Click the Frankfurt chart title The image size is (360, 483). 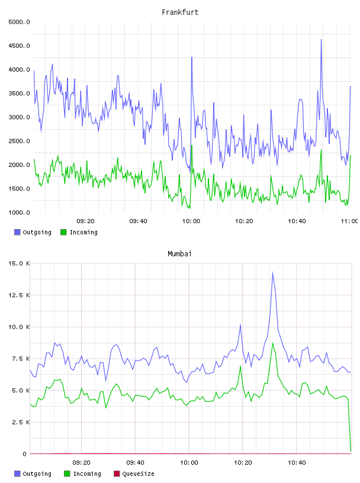coord(180,12)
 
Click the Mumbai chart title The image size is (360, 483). coord(179,254)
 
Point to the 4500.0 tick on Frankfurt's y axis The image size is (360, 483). coord(19,46)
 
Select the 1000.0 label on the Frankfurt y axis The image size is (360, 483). coord(19,212)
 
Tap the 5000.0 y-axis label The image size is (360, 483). coord(19,22)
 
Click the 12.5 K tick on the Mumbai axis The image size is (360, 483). coord(19,295)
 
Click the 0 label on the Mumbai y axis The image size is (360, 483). coord(25,454)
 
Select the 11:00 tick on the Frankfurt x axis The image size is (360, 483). coord(349,221)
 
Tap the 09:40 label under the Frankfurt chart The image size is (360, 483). coord(138,221)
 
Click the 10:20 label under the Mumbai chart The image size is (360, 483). coord(243,463)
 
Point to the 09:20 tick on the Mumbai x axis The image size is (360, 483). coord(81,463)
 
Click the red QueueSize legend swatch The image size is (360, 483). coord(117,474)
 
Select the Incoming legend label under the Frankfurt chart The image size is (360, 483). coord(83,232)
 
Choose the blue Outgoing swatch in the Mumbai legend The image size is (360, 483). coord(17,474)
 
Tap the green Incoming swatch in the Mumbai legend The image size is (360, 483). coord(67,474)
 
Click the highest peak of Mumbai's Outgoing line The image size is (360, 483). coord(272,273)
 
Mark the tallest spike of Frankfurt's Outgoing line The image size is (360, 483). coord(321,40)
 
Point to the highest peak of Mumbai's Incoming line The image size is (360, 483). coord(272,343)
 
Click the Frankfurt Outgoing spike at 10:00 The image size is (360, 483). coord(192,57)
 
